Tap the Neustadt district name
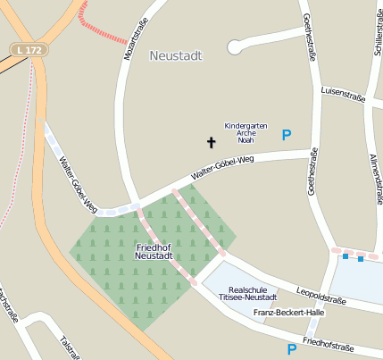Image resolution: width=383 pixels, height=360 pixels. (x=176, y=55)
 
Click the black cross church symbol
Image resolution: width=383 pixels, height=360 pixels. (x=212, y=142)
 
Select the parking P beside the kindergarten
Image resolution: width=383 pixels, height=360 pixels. (x=287, y=135)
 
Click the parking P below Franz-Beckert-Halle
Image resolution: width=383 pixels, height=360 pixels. (x=291, y=349)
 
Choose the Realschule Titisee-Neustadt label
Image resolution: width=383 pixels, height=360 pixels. (x=254, y=294)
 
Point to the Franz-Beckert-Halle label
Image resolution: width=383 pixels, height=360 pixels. (x=288, y=313)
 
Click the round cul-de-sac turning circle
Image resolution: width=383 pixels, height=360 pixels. (x=235, y=46)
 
